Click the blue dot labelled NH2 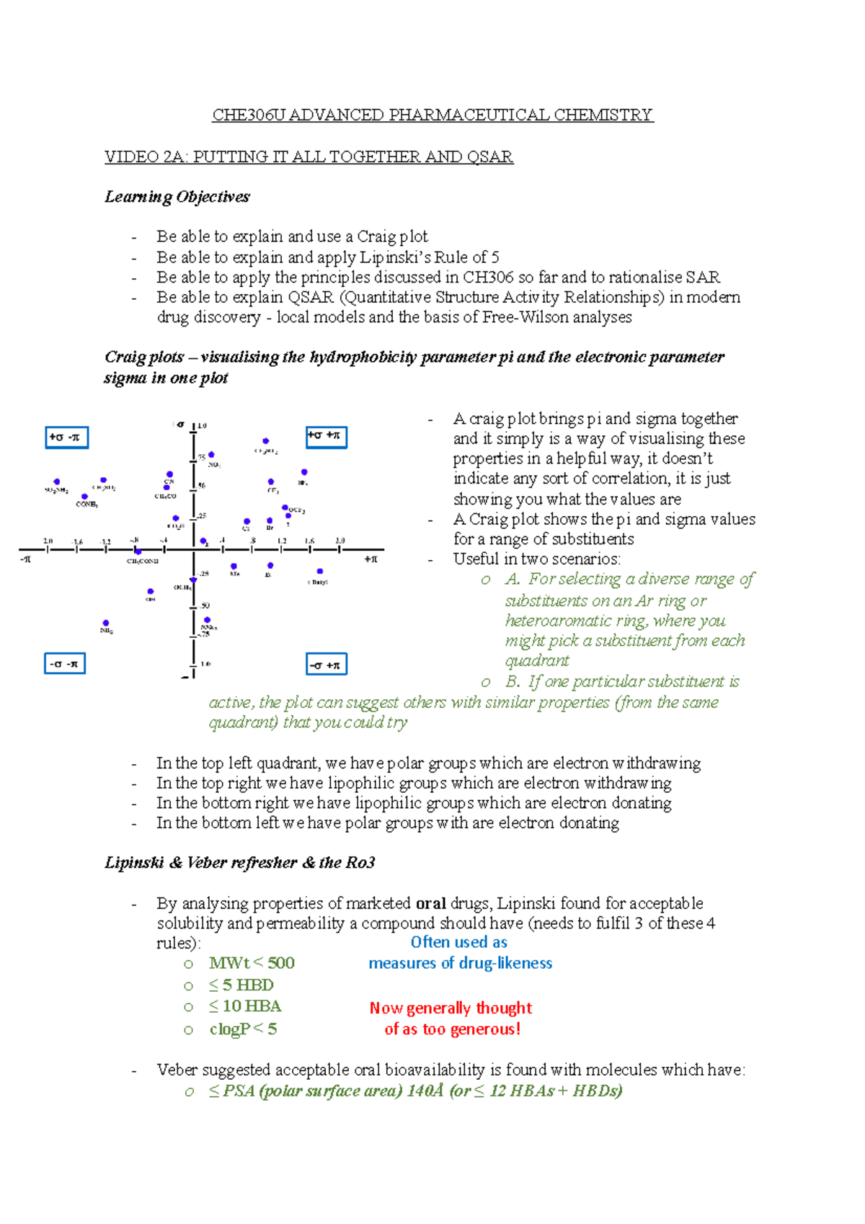tap(106, 623)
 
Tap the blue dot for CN tap(169, 474)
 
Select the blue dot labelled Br tap(270, 520)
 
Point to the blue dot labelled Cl tap(247, 520)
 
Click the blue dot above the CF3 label tap(271, 482)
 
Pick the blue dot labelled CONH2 tap(85, 497)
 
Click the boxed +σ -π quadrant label tap(66, 438)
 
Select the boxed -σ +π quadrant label tap(326, 664)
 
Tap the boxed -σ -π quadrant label tap(65, 663)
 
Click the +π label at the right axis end tap(371, 559)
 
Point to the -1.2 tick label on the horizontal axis tap(105, 541)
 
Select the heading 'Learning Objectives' tap(177, 197)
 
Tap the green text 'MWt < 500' tap(252, 963)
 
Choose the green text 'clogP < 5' tap(243, 1029)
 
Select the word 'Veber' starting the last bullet tap(177, 1070)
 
